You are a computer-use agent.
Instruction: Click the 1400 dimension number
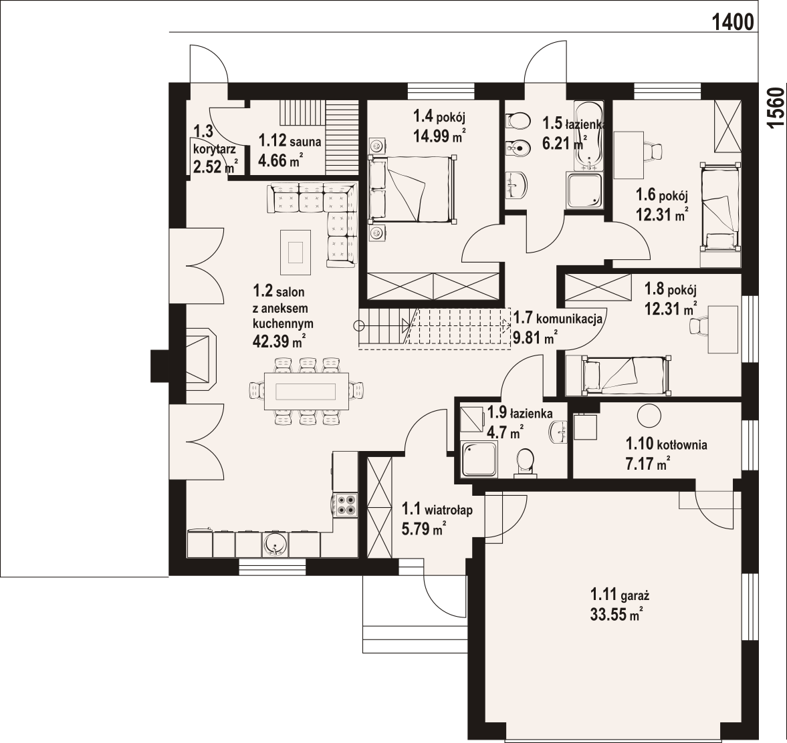733,22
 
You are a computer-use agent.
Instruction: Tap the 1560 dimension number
776,108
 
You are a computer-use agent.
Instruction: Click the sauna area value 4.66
272,160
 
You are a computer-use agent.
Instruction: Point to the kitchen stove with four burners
346,504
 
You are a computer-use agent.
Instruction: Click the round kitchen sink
275,545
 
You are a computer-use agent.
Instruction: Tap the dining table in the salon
306,391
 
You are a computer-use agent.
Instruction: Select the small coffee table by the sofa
295,252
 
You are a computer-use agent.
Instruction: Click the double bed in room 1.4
413,188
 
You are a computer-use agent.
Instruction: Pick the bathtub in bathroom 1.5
587,134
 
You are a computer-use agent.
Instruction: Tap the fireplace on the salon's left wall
200,360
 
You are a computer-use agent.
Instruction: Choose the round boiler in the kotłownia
649,416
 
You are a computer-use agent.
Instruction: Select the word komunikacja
569,319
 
